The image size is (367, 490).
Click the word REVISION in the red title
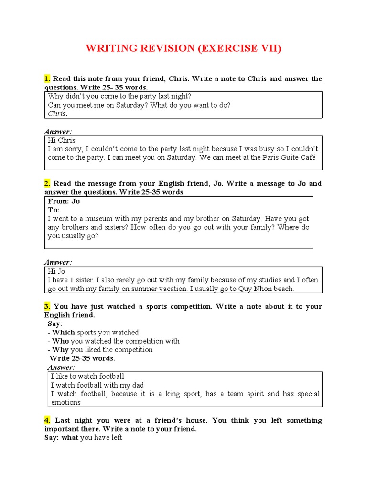[x=165, y=49]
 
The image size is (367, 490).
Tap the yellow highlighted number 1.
[x=47, y=78]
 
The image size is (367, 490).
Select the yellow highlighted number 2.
[x=47, y=183]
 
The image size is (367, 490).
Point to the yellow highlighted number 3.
[x=47, y=306]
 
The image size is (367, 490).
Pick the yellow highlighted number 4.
[x=47, y=420]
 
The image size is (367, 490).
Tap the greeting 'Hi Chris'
[x=62, y=140]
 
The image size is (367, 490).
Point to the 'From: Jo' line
[x=64, y=201]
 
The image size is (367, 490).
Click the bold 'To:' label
[x=54, y=210]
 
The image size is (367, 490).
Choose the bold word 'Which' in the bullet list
[x=64, y=332]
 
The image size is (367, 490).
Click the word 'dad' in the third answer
[x=137, y=385]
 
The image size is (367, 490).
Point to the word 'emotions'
[x=66, y=402]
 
